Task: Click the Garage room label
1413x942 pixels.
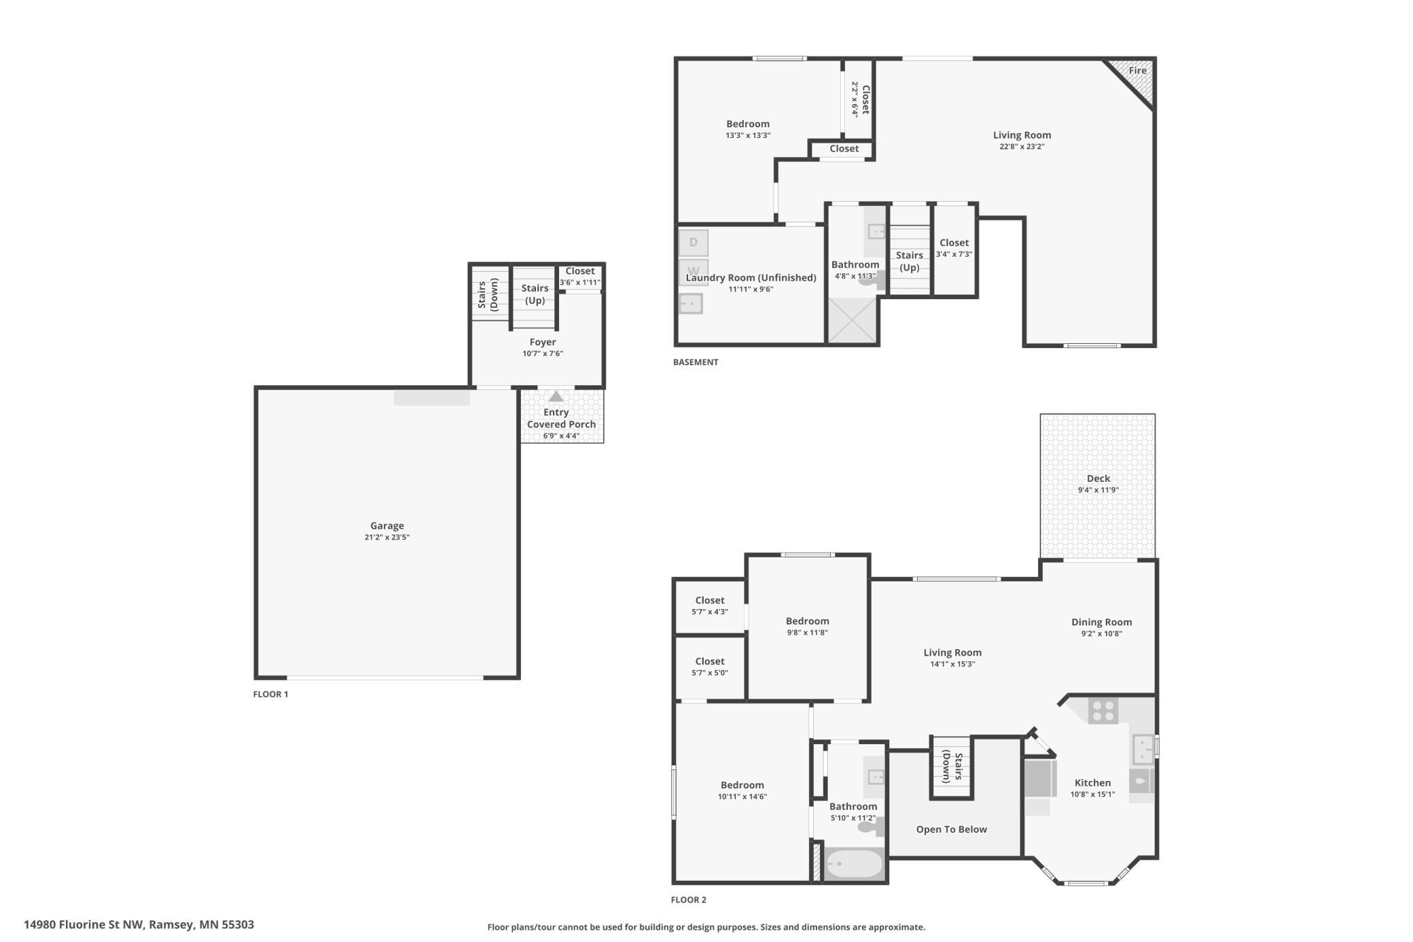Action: click(x=387, y=525)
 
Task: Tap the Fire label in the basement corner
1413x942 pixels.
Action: click(x=1138, y=70)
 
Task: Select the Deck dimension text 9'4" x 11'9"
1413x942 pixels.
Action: click(x=1098, y=490)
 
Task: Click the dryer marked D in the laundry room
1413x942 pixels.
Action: click(x=694, y=243)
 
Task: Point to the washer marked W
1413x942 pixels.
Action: click(x=694, y=271)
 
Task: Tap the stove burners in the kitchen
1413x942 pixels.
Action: click(x=1103, y=711)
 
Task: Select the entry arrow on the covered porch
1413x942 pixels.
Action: click(x=556, y=396)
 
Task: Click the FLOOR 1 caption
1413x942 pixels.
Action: click(x=270, y=694)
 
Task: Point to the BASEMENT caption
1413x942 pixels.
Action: click(x=696, y=362)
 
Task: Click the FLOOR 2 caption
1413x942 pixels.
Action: click(x=689, y=900)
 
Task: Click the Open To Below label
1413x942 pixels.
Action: click(x=951, y=829)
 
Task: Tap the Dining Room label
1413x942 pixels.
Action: click(x=1101, y=622)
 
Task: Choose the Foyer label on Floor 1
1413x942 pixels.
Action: click(x=543, y=342)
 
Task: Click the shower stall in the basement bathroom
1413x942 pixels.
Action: click(x=853, y=321)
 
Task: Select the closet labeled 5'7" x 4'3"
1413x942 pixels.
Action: click(x=710, y=606)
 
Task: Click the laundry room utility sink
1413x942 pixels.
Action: click(x=691, y=303)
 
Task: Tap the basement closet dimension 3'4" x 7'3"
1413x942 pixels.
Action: click(x=954, y=254)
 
